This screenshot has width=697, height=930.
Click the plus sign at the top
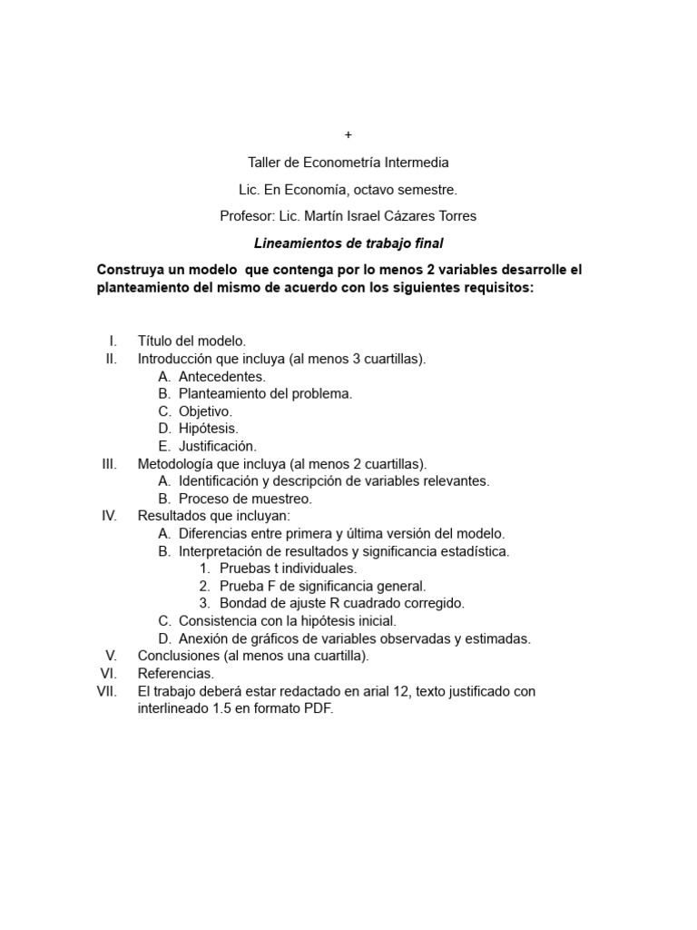[x=348, y=135]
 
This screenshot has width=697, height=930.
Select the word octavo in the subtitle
[x=373, y=190]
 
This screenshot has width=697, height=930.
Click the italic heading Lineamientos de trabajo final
[x=348, y=243]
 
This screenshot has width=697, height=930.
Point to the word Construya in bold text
[x=133, y=271]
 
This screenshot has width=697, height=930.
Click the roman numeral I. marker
[x=113, y=341]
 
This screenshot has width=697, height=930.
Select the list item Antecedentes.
[x=222, y=376]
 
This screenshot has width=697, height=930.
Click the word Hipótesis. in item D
[x=209, y=429]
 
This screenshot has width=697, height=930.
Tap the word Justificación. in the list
[x=218, y=446]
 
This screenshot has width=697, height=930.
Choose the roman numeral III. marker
[x=110, y=464]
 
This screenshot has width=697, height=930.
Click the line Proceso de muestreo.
[x=245, y=499]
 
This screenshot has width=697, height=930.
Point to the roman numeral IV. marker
[x=110, y=516]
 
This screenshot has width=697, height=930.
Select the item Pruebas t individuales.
[x=288, y=569]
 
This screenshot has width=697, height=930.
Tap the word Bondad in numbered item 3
[x=242, y=603]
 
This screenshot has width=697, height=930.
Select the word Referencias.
[x=176, y=673]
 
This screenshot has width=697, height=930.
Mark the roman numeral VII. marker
[x=108, y=691]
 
